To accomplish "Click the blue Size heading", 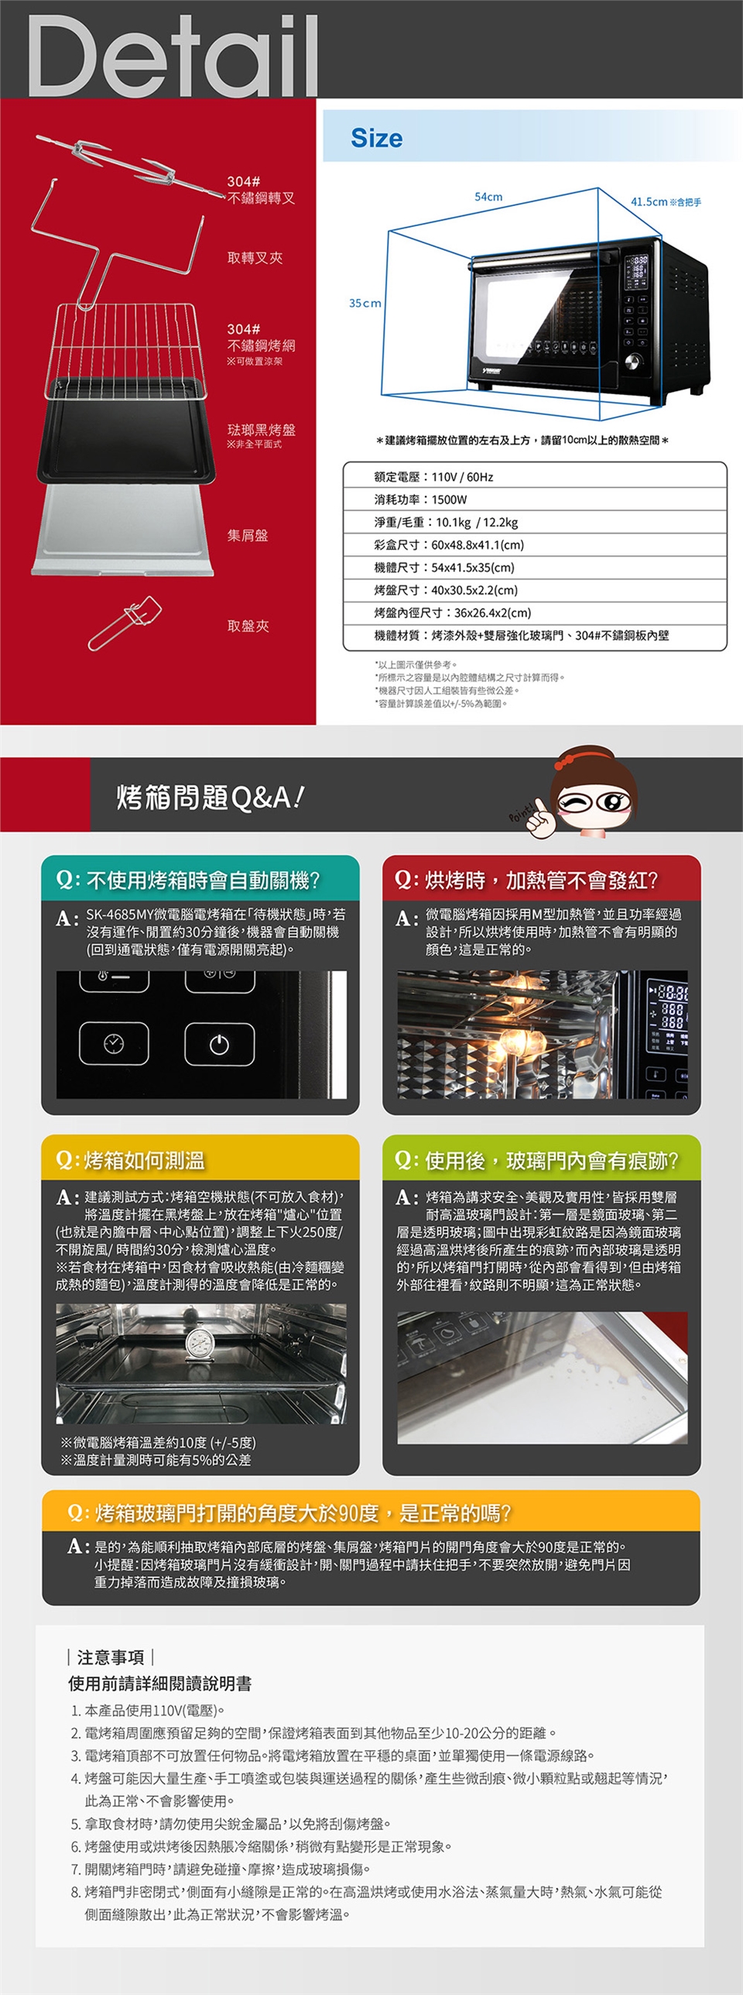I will point(376,138).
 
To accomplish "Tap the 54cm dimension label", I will point(488,197).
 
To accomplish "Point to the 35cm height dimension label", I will point(365,303).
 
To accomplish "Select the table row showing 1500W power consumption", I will point(534,500).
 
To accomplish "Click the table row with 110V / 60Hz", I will point(534,477).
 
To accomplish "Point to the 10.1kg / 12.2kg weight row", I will point(534,522).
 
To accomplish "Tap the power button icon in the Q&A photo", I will point(219,1044).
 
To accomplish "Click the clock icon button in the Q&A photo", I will point(114,1043).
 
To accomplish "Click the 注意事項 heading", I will point(111,1657).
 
